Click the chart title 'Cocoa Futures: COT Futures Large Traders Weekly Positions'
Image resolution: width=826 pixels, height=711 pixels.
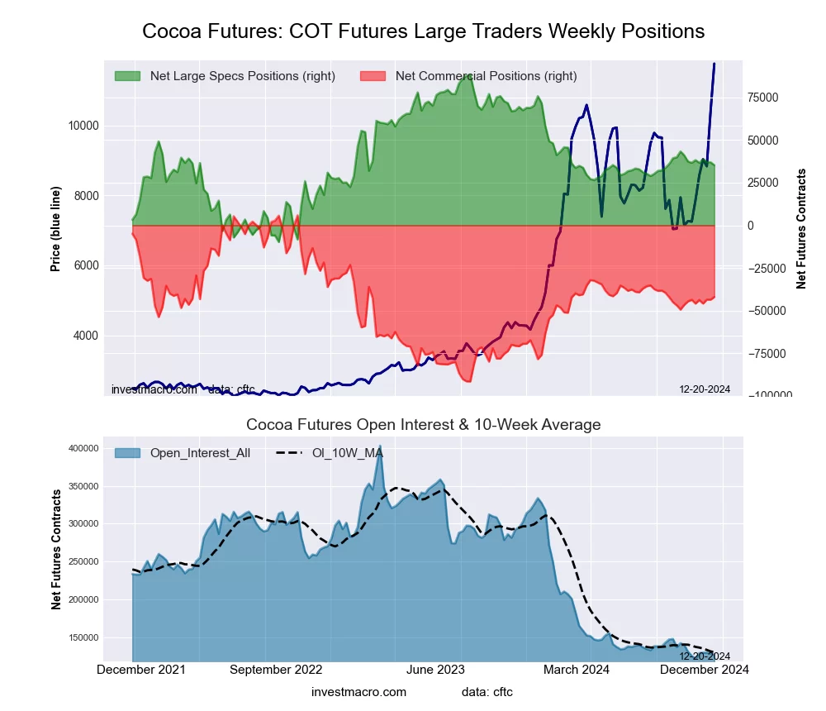pos(423,31)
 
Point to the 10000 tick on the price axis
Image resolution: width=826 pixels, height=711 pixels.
pos(82,126)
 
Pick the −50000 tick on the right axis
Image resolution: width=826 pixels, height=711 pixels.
pos(768,311)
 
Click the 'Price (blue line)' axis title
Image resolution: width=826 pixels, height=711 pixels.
pos(55,228)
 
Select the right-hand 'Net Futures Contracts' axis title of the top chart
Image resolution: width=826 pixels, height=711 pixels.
pos(801,228)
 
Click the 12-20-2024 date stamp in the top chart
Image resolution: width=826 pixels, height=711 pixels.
pos(705,389)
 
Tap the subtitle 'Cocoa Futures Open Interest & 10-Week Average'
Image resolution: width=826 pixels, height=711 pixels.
pos(423,425)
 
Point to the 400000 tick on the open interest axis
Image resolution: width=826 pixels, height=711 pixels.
pos(106,448)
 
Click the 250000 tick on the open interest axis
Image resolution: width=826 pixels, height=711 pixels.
pos(106,562)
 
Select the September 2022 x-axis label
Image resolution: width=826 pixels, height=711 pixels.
pos(276,670)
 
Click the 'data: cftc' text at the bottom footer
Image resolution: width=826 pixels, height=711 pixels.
pos(487,692)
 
